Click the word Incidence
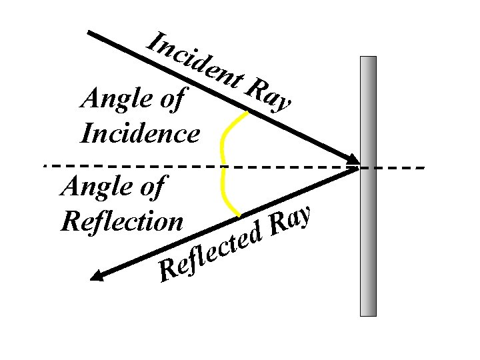point(139,134)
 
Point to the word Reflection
point(121,221)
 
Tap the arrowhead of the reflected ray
point(97,276)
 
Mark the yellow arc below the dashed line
point(227,193)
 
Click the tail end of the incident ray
point(91,33)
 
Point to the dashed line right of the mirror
point(400,167)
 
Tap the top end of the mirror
point(368,59)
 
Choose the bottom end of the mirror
point(368,313)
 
